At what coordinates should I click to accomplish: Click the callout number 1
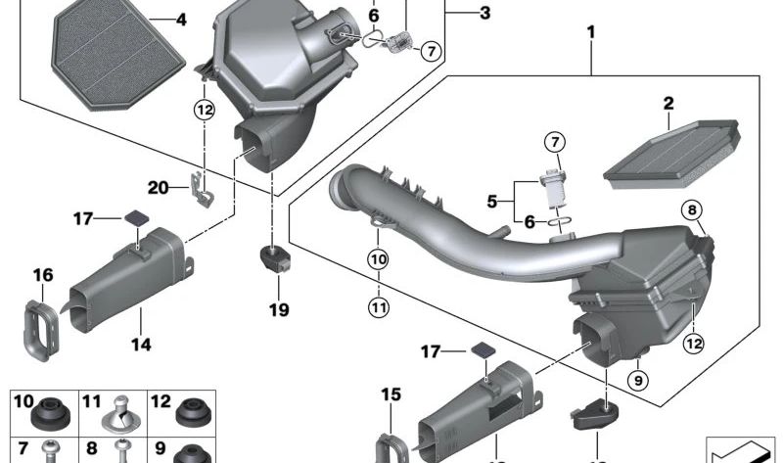coord(591,33)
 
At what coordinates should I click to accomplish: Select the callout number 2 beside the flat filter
coord(668,103)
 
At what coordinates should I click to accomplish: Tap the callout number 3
coord(485,13)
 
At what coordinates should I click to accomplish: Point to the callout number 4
coord(180,19)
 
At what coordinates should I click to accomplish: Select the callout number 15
coord(391,395)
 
